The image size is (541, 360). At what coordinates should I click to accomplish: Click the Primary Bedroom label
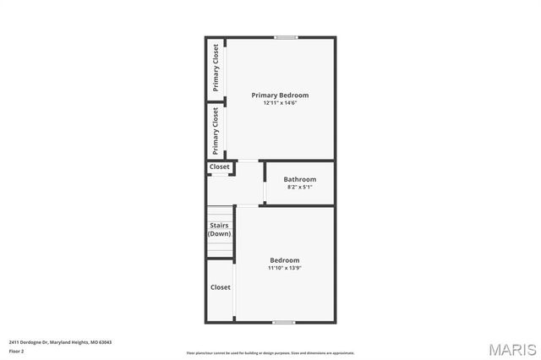point(280,95)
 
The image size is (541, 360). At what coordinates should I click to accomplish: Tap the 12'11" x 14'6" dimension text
point(280,103)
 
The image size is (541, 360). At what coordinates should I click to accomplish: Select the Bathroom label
point(300,179)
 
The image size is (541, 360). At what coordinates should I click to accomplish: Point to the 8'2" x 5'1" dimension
point(300,187)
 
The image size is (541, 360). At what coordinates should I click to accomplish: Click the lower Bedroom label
point(284,260)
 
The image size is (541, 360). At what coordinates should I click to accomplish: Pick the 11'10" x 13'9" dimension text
point(284,268)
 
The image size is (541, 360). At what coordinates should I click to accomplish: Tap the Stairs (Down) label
point(220,229)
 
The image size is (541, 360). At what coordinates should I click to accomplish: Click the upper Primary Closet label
point(216,68)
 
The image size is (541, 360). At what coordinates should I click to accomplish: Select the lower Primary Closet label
point(216,130)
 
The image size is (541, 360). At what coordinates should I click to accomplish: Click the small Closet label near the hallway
point(220,167)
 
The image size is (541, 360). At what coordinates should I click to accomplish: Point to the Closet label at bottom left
point(220,287)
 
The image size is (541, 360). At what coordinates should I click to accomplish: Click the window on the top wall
point(286,36)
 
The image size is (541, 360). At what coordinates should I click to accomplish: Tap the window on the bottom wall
point(283,322)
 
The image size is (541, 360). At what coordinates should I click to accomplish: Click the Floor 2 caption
point(17,351)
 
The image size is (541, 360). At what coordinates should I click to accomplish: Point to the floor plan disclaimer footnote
point(270,353)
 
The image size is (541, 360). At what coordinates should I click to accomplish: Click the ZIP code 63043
point(105,342)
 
